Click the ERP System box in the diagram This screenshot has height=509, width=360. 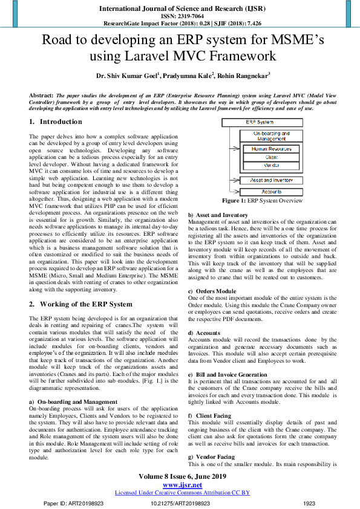260,122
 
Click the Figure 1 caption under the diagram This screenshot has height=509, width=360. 262,201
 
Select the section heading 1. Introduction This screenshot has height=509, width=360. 51,122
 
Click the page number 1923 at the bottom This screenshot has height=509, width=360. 309,503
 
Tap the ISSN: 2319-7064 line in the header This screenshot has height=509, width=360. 180,16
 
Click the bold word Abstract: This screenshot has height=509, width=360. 41,96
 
